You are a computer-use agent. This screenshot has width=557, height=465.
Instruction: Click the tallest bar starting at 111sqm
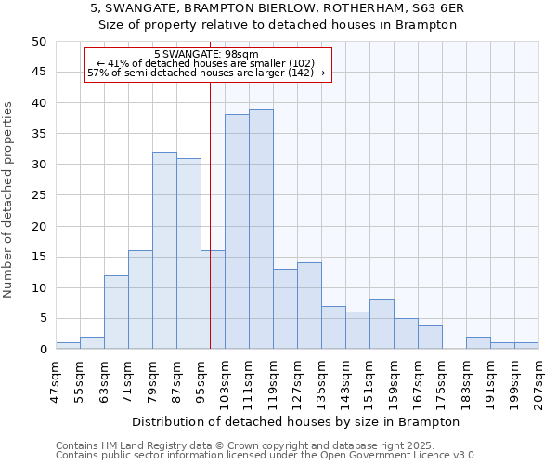[261, 229]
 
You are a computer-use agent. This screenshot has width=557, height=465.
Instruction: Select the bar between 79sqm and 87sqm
[164, 251]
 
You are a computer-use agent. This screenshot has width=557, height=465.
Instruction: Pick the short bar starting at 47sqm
[68, 346]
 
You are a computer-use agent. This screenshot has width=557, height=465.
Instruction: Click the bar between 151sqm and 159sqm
[382, 325]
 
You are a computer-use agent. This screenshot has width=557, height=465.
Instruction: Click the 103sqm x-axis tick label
[226, 378]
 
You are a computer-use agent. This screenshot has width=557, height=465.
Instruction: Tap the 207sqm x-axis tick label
[539, 378]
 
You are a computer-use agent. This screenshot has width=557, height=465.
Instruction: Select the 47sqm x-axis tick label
[57, 378]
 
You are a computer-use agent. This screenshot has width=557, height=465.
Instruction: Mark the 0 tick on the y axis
[42, 350]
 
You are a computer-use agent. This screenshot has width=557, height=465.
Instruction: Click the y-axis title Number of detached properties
[9, 200]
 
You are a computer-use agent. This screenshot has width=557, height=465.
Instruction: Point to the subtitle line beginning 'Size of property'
[278, 25]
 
